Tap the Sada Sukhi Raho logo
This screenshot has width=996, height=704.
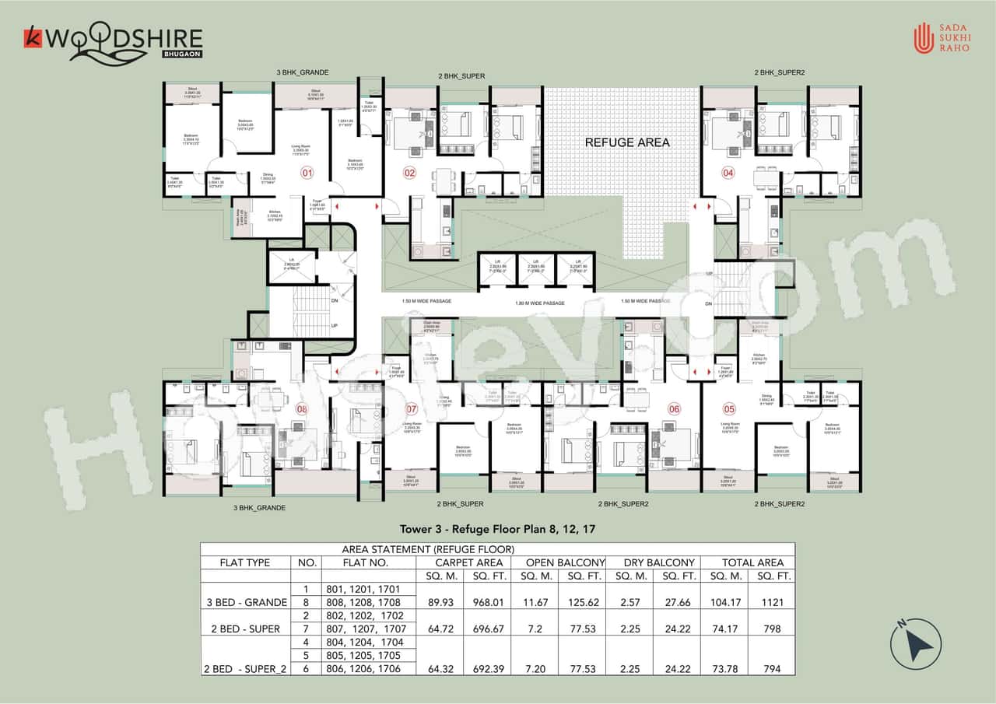944,40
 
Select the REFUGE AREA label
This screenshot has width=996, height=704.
626,142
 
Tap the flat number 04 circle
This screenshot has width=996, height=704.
728,173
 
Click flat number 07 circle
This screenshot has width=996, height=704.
412,409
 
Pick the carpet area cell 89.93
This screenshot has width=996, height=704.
440,601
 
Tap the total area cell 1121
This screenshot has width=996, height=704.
773,601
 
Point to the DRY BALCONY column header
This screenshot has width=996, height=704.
659,562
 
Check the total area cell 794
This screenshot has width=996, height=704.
773,669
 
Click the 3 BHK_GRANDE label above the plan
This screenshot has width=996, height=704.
302,72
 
